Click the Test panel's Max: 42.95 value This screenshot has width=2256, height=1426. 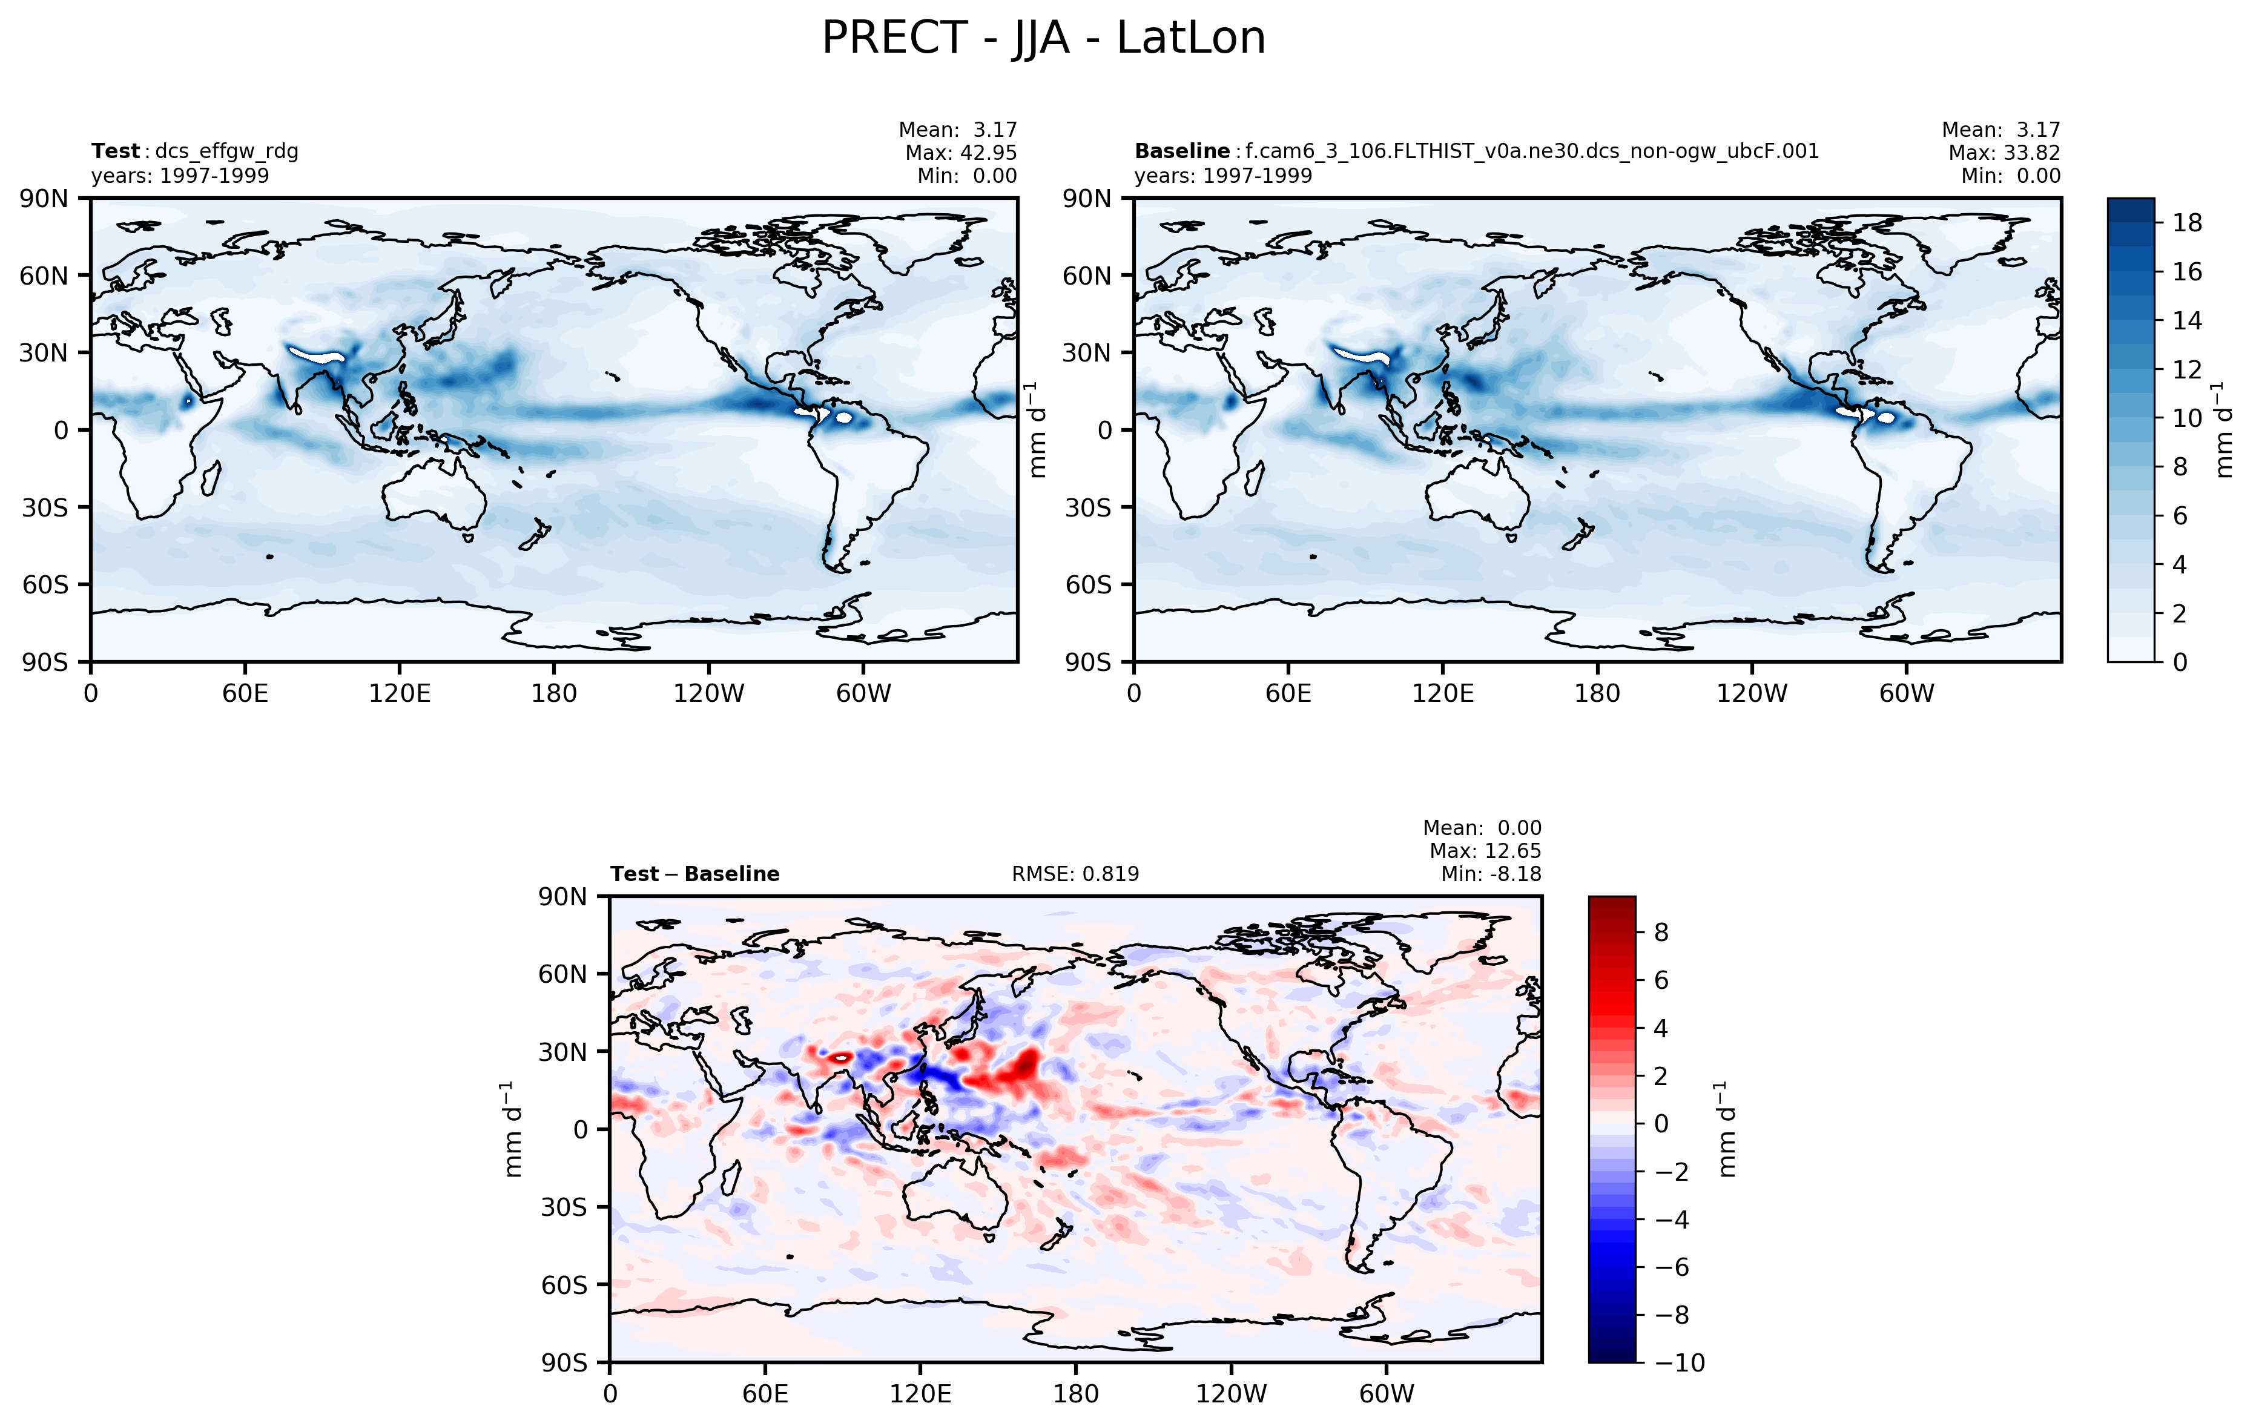coord(960,153)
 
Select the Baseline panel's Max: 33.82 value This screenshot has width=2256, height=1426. coord(2004,153)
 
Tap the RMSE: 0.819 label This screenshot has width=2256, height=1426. coord(1075,874)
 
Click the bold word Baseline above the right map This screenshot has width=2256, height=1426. coord(1181,151)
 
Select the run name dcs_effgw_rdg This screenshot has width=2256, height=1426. coord(226,151)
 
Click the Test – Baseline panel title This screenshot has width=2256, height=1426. coord(694,874)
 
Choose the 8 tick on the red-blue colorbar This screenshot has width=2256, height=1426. coord(1661,933)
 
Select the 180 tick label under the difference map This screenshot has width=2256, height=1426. coord(1075,1394)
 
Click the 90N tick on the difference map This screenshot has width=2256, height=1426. coord(563,897)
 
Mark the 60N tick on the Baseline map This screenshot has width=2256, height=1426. coord(1087,276)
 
